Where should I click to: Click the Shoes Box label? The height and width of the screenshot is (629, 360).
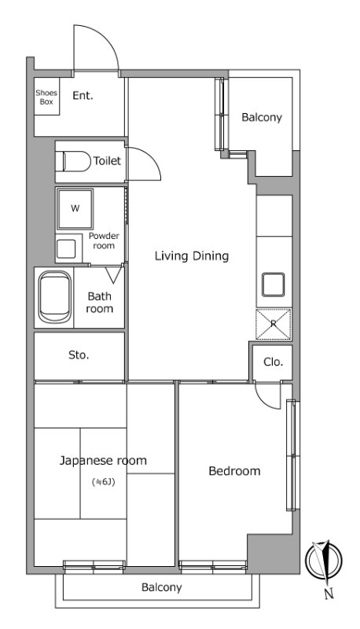pos(46,97)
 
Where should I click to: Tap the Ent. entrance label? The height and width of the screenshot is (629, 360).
pos(83,96)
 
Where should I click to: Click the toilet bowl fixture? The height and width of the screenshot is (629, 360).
pos(77,161)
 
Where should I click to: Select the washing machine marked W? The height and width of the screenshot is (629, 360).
pos(75,208)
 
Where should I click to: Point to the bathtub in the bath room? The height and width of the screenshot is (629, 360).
pos(55,297)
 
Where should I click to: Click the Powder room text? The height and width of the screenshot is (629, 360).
pos(104,241)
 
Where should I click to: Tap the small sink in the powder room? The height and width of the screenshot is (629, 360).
pos(66,248)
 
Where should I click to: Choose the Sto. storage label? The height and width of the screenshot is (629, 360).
pos(79,355)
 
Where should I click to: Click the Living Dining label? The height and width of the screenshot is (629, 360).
pos(192,256)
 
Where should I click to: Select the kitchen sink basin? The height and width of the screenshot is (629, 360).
pos(274,285)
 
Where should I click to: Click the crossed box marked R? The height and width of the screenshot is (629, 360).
pos(274,324)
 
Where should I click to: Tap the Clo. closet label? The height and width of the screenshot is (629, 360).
pos(273,362)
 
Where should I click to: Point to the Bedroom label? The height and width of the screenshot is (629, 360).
pos(234,470)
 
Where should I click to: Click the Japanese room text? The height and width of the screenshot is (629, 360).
pos(103,461)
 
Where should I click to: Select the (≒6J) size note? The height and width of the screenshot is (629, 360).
pos(104,482)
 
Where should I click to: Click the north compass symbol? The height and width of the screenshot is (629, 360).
pos(324,561)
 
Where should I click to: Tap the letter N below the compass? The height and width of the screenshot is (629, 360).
pos(329,594)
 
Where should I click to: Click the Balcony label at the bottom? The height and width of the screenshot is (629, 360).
pos(162,587)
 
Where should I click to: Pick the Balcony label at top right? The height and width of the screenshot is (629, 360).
pos(262,117)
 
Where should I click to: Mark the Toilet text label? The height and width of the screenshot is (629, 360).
pos(107,161)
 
